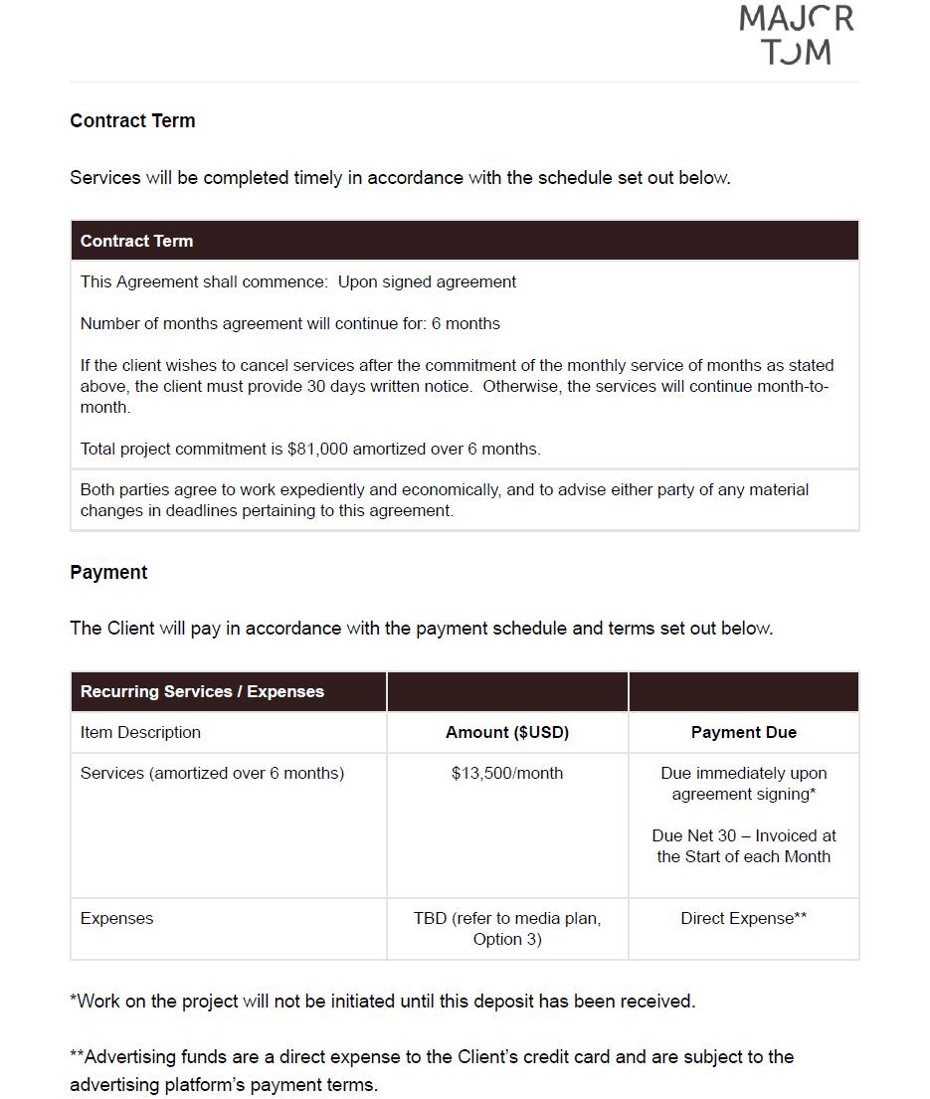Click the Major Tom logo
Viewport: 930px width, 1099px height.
tap(796, 35)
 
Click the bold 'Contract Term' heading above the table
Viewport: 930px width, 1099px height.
tap(132, 121)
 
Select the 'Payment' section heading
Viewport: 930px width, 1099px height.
tap(108, 573)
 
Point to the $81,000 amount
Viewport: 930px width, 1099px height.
tap(317, 450)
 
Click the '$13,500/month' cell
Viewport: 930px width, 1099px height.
tap(506, 774)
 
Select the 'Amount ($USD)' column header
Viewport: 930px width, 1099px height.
tap(506, 733)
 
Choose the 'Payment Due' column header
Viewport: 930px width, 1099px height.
tap(743, 733)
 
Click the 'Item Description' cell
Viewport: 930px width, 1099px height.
tap(140, 733)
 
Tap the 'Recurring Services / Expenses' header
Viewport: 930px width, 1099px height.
tap(202, 692)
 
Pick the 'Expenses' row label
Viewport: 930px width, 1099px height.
tap(116, 919)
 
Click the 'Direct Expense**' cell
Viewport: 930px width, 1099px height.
tap(743, 919)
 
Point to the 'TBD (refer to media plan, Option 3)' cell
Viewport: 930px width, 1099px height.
tap(506, 929)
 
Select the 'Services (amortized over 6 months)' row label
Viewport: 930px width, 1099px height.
tap(212, 774)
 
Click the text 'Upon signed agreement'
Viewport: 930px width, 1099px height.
tap(427, 282)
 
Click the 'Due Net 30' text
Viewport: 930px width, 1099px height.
tap(694, 836)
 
